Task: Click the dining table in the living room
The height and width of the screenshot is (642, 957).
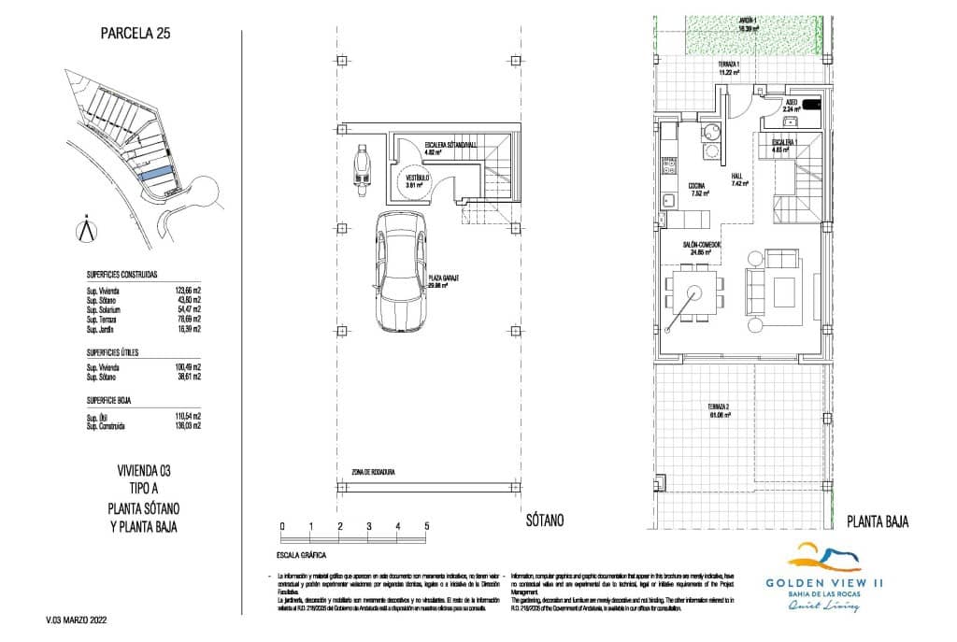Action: click(x=693, y=292)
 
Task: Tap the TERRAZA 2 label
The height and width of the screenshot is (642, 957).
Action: click(x=718, y=410)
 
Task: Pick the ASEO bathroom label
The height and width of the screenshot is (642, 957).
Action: click(x=791, y=103)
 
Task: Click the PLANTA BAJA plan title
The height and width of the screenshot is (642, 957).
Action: click(x=877, y=521)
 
